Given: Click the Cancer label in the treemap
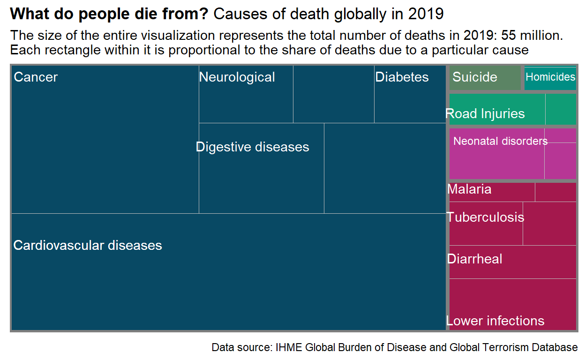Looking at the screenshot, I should (x=36, y=77).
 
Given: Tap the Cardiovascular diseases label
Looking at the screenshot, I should (x=88, y=245).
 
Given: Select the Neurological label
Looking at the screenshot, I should (x=237, y=77).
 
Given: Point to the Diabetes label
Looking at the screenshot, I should (x=402, y=77).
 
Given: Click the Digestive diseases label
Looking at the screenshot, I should (x=253, y=147).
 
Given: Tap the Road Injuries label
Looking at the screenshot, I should (x=485, y=114).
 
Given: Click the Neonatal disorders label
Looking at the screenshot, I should (x=500, y=141).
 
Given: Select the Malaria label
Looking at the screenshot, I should (x=469, y=189).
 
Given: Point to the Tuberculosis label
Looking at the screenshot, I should (x=485, y=217).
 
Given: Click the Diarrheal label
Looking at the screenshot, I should (x=475, y=259).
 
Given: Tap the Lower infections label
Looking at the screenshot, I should (x=495, y=321).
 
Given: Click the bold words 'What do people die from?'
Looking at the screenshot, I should (x=109, y=15).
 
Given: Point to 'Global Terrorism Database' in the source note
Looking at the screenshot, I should (x=513, y=348).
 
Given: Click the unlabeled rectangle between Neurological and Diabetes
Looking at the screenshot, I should (x=333, y=94).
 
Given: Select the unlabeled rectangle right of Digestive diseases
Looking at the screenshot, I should (x=384, y=168).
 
